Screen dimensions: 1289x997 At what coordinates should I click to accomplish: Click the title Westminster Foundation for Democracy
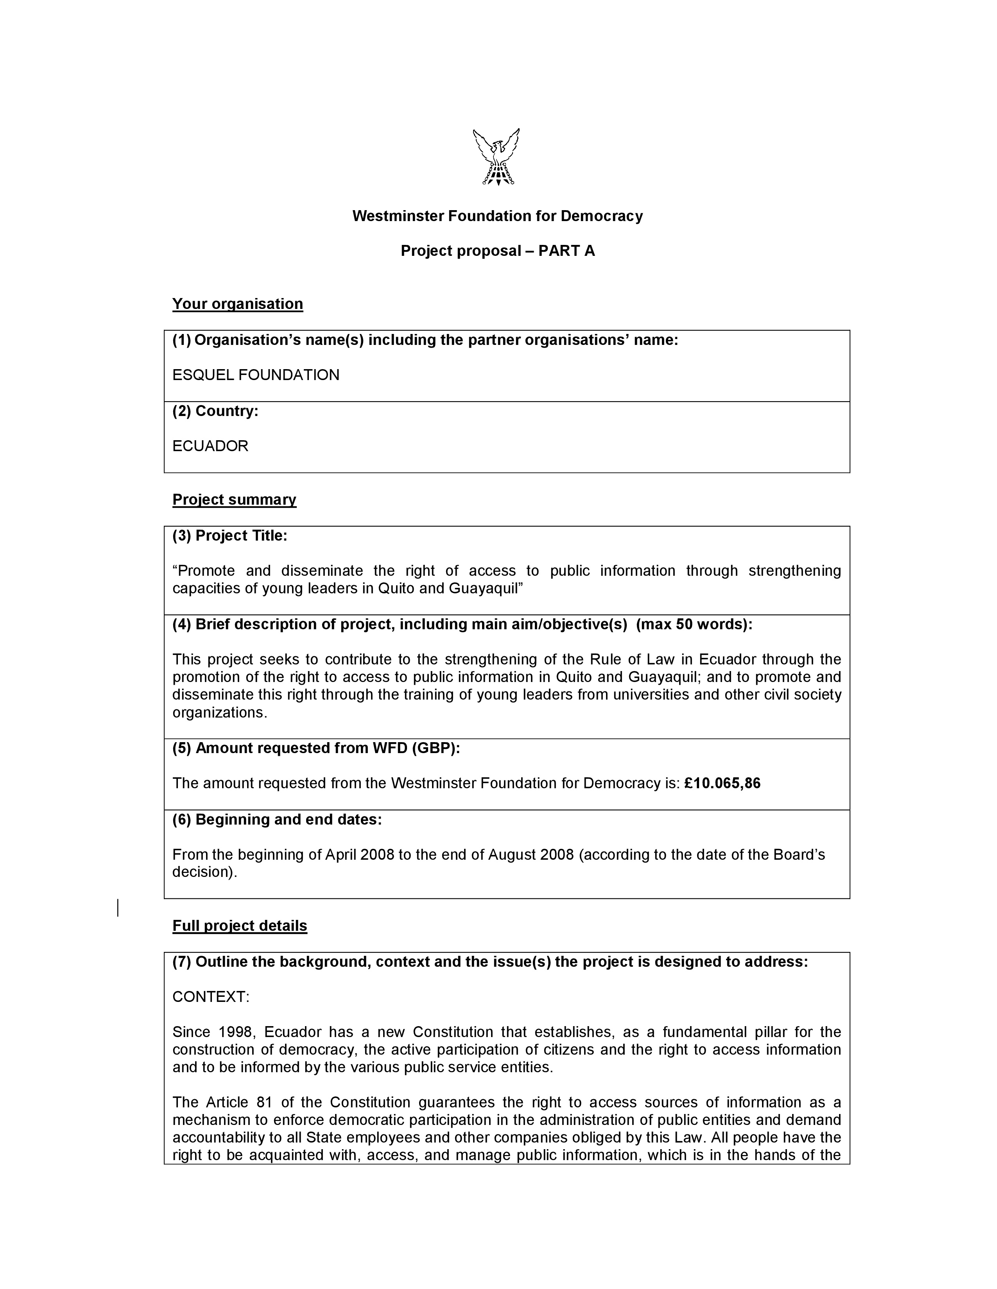pos(497,216)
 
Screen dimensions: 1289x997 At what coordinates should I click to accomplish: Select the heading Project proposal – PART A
pos(497,251)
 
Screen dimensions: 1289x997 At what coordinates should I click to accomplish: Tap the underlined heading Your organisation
pos(237,304)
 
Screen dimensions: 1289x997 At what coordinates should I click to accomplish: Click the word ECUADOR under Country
pos(210,446)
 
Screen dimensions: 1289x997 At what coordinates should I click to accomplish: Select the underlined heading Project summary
pos(234,500)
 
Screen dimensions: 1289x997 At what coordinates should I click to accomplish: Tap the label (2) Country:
pos(215,411)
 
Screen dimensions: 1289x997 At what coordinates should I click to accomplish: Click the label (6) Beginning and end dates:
pos(277,820)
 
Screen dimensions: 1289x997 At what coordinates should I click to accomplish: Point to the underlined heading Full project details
pos(240,926)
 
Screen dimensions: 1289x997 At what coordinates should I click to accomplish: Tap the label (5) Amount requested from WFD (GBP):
pos(316,748)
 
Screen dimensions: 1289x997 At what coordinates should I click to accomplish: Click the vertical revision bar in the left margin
pos(118,908)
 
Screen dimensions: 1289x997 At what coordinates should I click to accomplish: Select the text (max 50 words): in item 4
pos(694,625)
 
